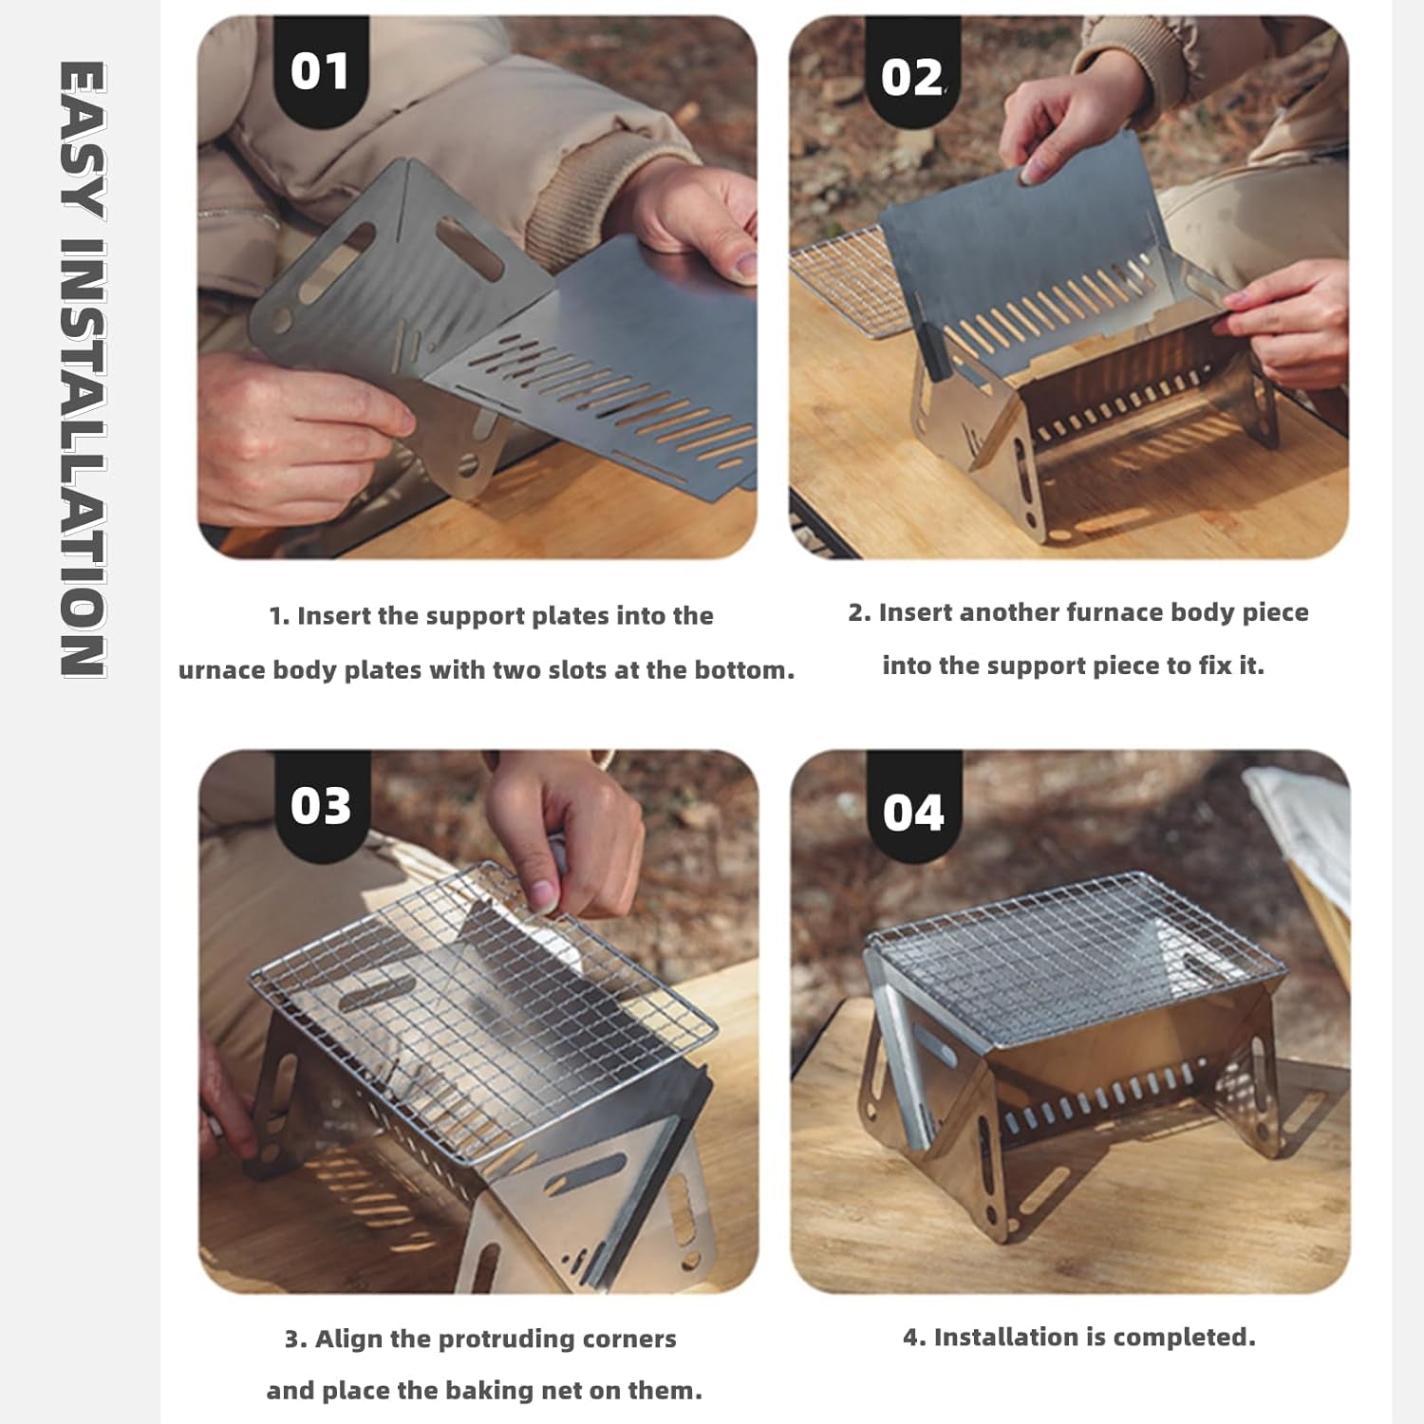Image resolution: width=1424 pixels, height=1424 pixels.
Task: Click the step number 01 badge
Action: [x=320, y=72]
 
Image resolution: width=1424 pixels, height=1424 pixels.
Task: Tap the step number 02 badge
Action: [x=912, y=78]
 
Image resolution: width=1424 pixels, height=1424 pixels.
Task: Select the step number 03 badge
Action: [x=321, y=807]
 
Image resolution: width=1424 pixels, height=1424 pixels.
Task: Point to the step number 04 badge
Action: [x=913, y=814]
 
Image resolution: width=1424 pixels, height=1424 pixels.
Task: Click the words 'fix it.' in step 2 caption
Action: [x=1231, y=665]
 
